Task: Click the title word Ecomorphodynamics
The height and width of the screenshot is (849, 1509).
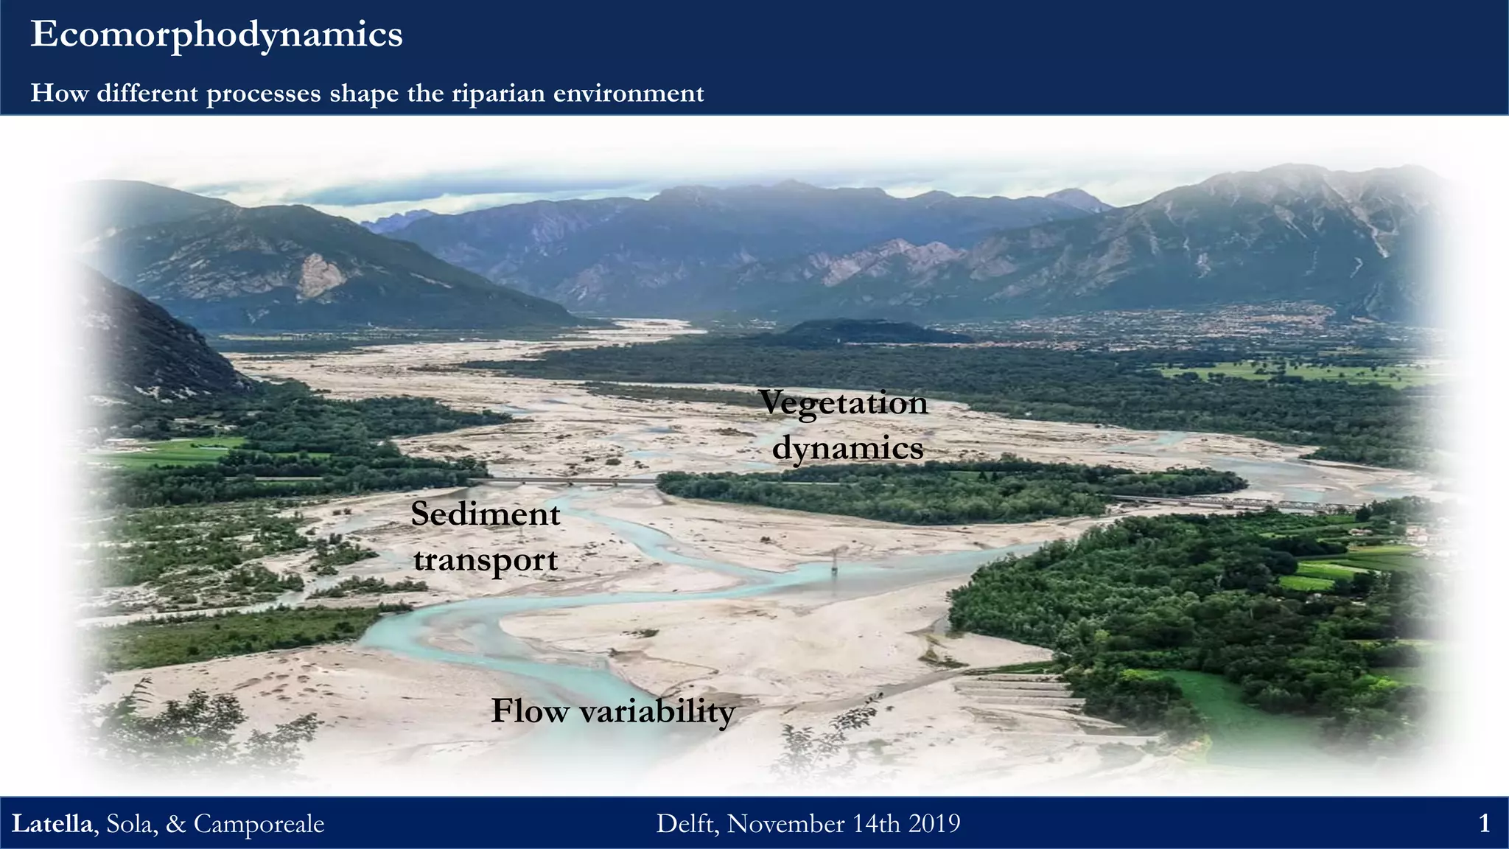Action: tap(216, 35)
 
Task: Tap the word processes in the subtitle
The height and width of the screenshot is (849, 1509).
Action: tap(264, 94)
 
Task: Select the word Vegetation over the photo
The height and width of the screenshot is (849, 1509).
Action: tap(843, 402)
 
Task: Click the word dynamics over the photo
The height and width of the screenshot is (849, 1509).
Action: tap(847, 447)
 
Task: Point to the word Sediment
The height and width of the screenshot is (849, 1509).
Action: tap(485, 514)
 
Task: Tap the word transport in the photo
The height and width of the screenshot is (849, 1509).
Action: tap(485, 559)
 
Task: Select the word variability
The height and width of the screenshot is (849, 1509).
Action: tap(657, 711)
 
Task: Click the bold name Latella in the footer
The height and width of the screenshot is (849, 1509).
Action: tap(52, 823)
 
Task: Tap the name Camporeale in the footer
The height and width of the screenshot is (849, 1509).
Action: tap(259, 823)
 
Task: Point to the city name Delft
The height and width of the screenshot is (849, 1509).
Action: tap(686, 823)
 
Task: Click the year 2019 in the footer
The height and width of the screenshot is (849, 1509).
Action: tap(934, 823)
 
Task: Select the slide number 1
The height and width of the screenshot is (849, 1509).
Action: tap(1485, 823)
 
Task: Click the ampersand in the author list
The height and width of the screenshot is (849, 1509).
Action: tap(175, 823)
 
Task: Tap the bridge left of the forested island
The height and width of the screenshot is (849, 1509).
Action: tap(564, 481)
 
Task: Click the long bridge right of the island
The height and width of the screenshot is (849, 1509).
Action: tap(1238, 503)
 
